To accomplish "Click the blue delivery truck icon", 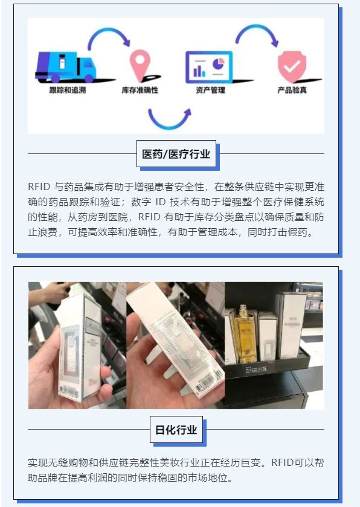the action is coord(66,67).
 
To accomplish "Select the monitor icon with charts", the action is coord(209,68).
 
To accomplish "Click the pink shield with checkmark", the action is coord(292,66).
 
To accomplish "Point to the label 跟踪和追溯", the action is coord(68,90).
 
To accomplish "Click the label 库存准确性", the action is coord(140,90).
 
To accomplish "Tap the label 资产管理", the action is coord(210,90).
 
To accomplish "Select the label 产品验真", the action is coord(292,90).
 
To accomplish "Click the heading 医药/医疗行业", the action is coord(176,154).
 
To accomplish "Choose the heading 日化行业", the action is coord(176,430).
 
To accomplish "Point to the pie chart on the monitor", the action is coord(219,63).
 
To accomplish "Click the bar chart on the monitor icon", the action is coord(199,71).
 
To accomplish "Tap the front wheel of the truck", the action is coord(89,78).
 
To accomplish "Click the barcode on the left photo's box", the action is coord(69,392).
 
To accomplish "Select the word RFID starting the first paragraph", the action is coord(39,187).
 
